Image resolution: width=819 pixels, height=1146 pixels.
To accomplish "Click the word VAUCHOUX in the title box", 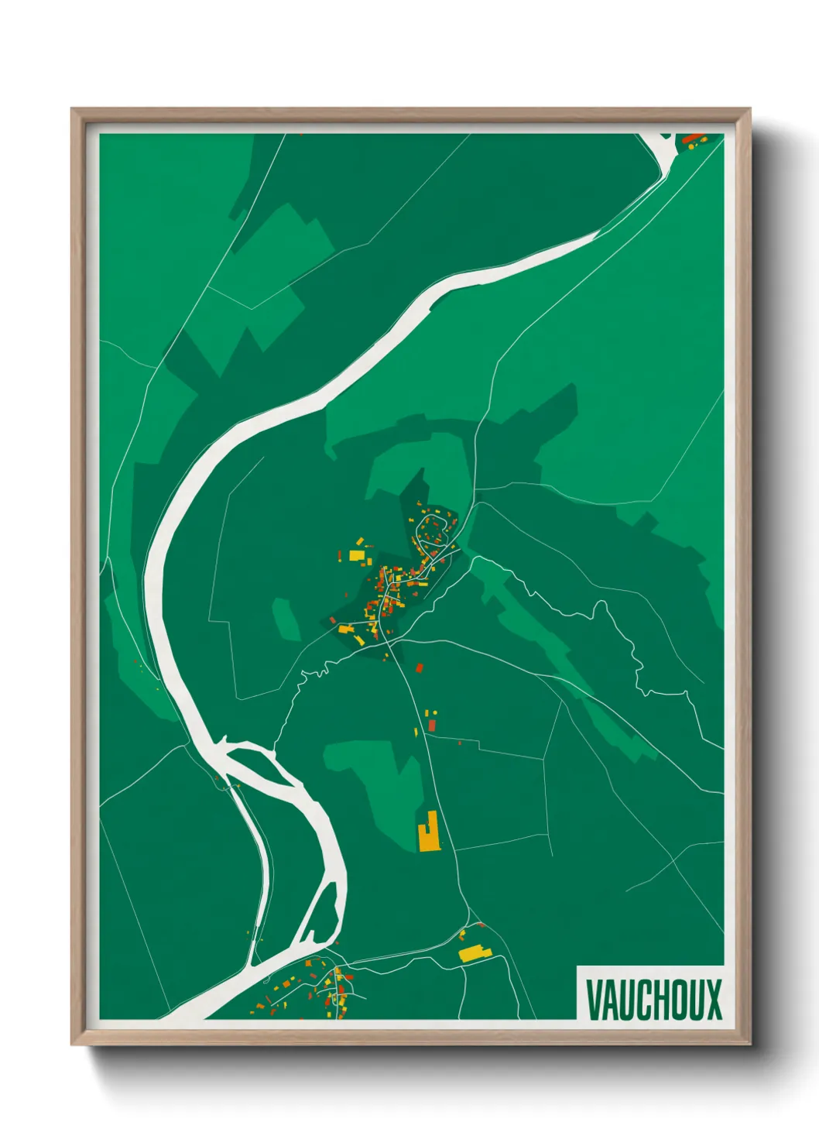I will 653,1000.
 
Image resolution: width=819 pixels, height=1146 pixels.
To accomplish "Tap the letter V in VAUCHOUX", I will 595,1000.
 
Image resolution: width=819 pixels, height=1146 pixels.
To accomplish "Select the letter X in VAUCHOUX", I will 713,1000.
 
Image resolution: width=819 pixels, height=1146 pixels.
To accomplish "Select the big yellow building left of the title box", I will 473,953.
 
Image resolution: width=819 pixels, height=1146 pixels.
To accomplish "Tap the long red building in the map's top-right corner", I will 690,139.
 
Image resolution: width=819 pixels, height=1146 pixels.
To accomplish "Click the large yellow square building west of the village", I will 356,555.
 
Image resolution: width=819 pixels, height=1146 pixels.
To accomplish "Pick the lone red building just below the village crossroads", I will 420,667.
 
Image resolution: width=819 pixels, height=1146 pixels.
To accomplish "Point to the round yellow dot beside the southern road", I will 433,712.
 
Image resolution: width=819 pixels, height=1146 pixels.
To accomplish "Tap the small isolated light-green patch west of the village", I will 286,618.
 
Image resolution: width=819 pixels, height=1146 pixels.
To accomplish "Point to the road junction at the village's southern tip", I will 389,642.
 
